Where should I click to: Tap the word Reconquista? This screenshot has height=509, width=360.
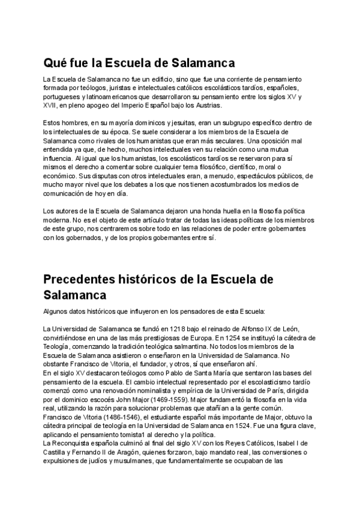pos(73,445)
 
